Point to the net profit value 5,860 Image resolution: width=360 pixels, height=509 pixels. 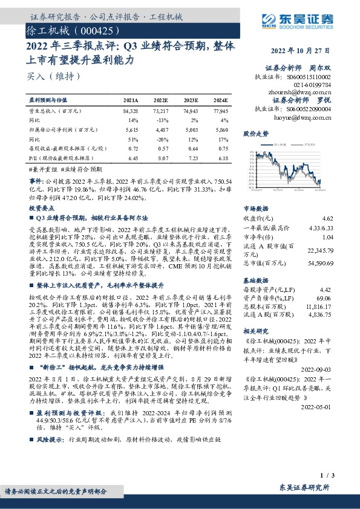(220, 129)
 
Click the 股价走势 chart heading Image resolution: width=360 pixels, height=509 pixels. (255, 132)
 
